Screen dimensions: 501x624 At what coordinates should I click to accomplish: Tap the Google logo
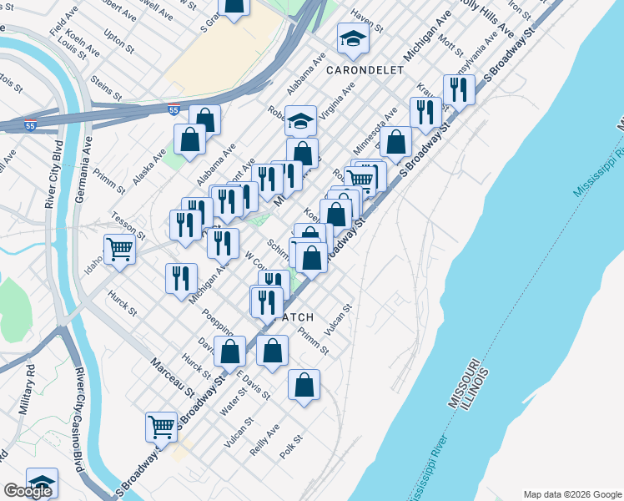click(x=28, y=492)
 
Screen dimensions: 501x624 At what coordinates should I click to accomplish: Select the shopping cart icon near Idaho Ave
click(x=119, y=249)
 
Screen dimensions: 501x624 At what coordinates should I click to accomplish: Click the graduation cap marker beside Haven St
click(x=353, y=38)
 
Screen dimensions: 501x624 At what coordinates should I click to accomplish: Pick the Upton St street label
click(x=118, y=40)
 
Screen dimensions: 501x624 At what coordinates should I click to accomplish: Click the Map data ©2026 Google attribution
click(x=571, y=493)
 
